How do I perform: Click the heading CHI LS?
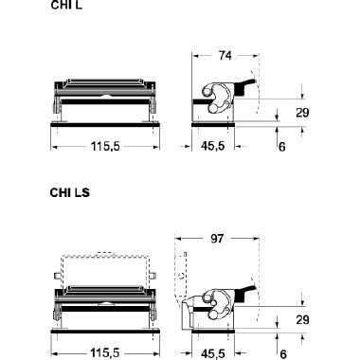point(68,192)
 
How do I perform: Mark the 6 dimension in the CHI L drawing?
point(282,147)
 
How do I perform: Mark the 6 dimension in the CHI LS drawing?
point(282,351)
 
